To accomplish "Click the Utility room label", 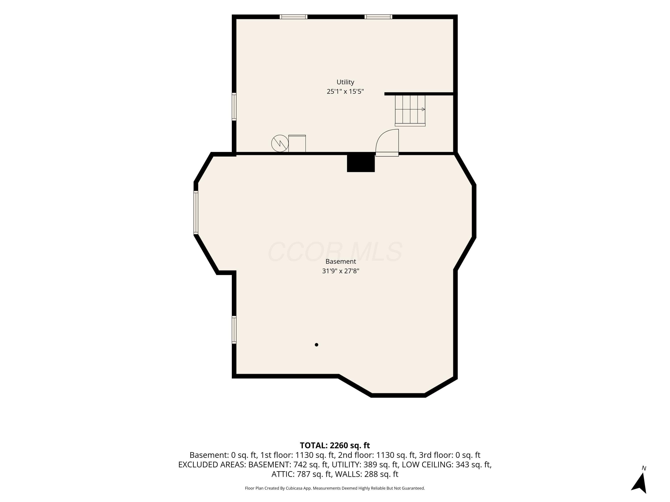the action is [x=345, y=82].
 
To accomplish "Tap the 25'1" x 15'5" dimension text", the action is [x=345, y=91].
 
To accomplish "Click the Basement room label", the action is [x=341, y=261].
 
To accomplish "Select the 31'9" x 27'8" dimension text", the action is [x=341, y=271].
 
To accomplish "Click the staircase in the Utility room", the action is [x=410, y=110].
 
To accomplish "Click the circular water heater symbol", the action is [x=280, y=143].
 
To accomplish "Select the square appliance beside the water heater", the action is [x=297, y=143].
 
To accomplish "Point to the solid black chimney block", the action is [x=361, y=162].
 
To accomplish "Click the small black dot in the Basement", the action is [x=316, y=345].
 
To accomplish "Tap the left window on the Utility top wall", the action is [x=293, y=17].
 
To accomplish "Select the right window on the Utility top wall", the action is [x=378, y=17].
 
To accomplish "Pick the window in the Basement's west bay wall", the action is [x=196, y=213].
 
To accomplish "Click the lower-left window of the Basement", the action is [x=234, y=330].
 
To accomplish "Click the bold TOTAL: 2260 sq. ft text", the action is [x=335, y=445].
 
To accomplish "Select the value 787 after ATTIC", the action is [x=304, y=474].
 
